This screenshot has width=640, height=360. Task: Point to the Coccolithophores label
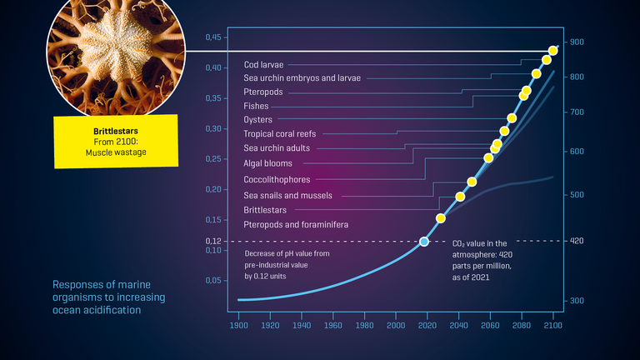(x=277, y=179)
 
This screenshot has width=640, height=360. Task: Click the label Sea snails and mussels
(x=287, y=195)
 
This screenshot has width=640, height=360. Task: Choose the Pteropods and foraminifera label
(x=296, y=225)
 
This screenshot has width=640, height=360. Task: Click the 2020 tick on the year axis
(x=427, y=327)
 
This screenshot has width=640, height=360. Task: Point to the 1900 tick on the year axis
(x=239, y=327)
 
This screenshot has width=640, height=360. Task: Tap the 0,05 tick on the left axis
(x=213, y=281)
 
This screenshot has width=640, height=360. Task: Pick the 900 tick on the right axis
(x=577, y=42)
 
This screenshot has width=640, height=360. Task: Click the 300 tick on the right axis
(x=577, y=300)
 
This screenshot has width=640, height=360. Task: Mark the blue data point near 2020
(x=424, y=241)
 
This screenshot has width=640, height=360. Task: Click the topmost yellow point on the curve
(x=553, y=51)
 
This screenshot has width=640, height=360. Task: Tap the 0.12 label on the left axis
(x=213, y=241)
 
